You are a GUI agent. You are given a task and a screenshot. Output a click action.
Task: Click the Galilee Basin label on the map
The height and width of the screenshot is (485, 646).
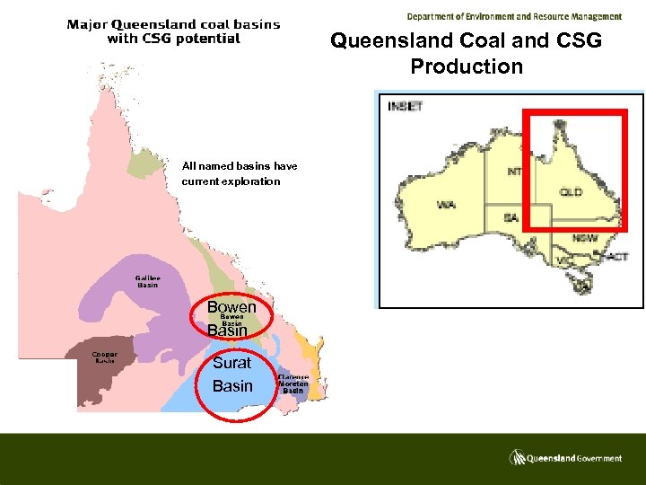pyautogui.click(x=146, y=282)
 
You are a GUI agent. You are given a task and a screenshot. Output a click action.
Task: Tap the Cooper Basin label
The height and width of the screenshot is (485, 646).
pyautogui.click(x=104, y=357)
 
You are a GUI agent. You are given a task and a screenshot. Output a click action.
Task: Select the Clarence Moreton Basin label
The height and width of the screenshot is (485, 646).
pyautogui.click(x=293, y=384)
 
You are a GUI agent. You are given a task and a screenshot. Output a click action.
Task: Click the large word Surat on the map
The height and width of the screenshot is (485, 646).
pyautogui.click(x=231, y=364)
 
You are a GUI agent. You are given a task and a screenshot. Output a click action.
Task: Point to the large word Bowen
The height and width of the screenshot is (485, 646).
pyautogui.click(x=231, y=307)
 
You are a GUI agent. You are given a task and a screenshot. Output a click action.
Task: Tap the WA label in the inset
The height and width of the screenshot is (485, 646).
pyautogui.click(x=446, y=206)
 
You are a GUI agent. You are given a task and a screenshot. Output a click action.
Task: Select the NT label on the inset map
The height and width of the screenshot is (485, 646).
pyautogui.click(x=515, y=172)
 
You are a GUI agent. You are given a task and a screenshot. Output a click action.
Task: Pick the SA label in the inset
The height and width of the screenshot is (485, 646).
pyautogui.click(x=511, y=218)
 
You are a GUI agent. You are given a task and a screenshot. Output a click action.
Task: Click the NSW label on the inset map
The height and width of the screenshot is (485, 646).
pyautogui.click(x=585, y=239)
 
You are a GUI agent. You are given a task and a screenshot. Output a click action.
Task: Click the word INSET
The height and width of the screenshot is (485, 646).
pyautogui.click(x=405, y=106)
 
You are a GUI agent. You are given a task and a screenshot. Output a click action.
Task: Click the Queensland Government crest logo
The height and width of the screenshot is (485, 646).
pyautogui.click(x=518, y=457)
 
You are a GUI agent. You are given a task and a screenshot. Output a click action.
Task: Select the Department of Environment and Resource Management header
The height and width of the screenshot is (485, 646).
pyautogui.click(x=513, y=16)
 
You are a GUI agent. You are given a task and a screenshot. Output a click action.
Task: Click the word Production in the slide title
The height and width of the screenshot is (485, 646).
pyautogui.click(x=466, y=66)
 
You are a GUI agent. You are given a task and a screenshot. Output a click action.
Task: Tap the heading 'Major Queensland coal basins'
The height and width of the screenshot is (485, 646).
pyautogui.click(x=173, y=24)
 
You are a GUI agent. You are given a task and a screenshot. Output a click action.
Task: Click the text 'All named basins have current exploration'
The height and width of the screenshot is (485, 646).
pyautogui.click(x=239, y=173)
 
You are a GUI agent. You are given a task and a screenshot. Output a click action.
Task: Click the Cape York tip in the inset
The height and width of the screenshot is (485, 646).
pyautogui.click(x=559, y=126)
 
